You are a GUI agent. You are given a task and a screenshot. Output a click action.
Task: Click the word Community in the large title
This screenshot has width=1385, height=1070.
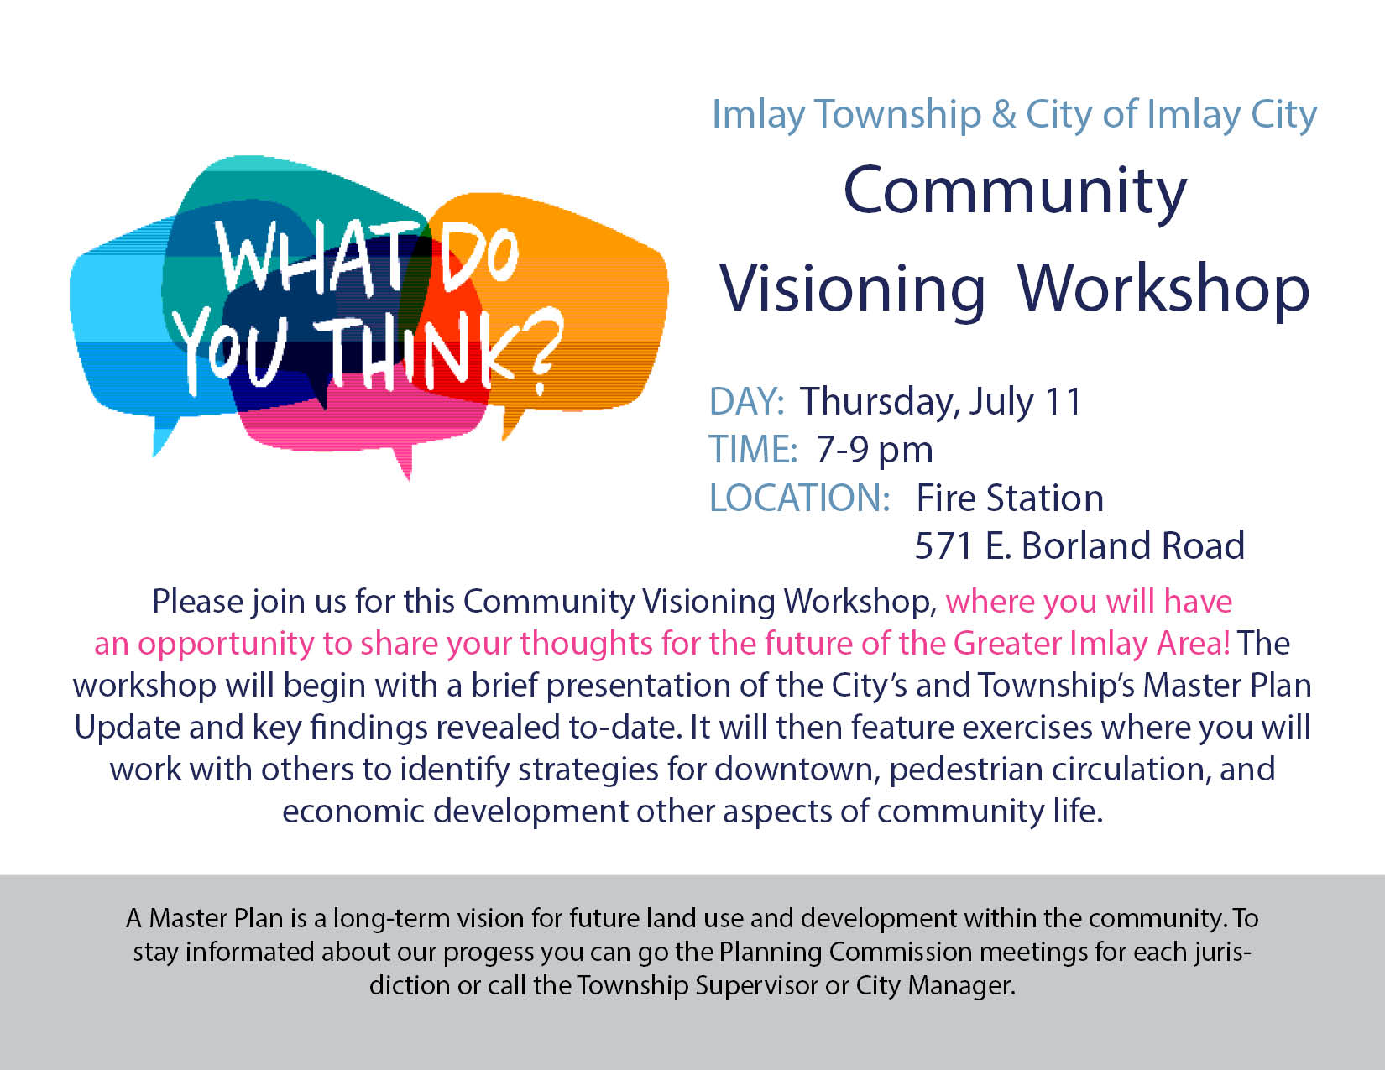pos(1015,192)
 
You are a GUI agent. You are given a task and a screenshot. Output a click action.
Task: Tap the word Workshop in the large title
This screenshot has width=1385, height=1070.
pos(1163,287)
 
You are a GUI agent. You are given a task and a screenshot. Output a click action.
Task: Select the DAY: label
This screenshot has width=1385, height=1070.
pos(746,401)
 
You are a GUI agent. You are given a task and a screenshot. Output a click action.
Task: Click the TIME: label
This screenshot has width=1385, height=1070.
pos(754,449)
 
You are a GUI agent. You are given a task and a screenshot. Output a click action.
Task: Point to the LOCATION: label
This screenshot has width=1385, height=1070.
pos(800,498)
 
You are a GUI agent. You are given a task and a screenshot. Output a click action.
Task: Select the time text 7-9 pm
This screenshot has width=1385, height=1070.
pos(875,451)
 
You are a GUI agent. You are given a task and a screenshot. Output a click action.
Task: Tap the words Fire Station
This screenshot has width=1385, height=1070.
pos(1010,498)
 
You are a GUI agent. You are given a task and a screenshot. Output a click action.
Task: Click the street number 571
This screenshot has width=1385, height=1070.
pos(944,545)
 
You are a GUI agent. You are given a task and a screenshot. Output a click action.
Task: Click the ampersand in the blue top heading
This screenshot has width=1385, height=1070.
pos(1004,115)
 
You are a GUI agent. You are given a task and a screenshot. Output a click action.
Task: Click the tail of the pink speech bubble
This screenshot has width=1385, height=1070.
pos(403,460)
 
